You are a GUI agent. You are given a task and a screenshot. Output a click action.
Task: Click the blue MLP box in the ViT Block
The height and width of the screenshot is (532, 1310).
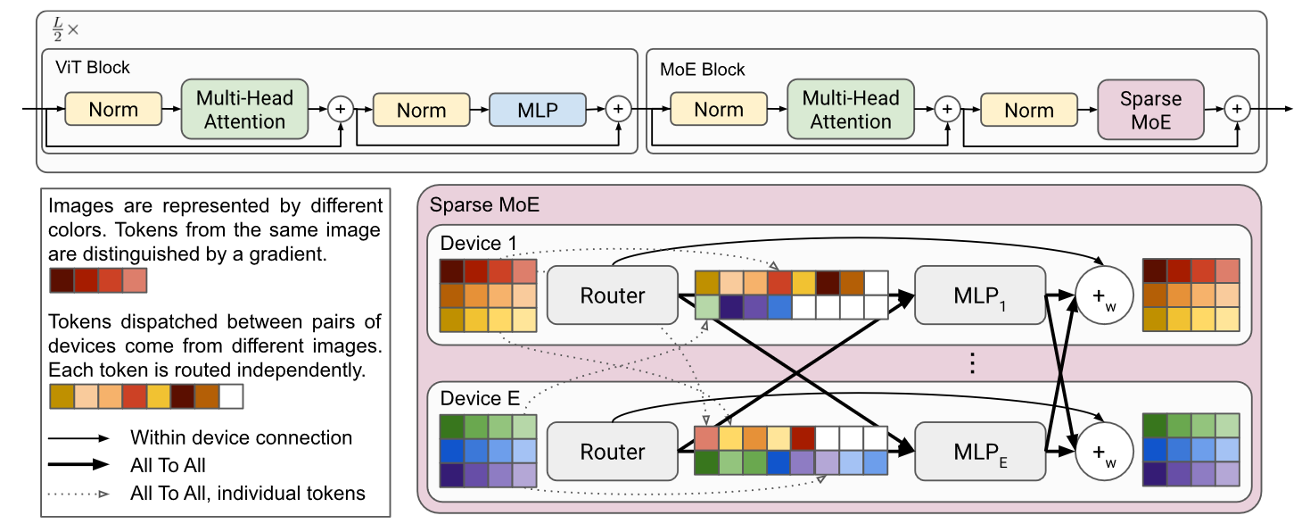tap(537, 111)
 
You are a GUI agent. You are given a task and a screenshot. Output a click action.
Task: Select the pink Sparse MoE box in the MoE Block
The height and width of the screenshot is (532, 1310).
tap(1149, 111)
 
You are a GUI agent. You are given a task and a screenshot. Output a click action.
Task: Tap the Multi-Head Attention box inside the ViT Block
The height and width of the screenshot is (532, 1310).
tap(244, 111)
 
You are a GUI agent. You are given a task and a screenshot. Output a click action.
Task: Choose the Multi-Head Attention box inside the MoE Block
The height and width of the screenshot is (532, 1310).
tap(850, 111)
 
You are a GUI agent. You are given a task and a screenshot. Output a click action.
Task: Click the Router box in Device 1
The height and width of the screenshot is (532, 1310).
tap(612, 295)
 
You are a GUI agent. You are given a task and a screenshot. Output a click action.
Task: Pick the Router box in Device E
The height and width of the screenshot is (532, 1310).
tap(612, 451)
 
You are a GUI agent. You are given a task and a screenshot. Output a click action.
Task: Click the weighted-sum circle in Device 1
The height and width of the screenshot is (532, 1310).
tap(1104, 295)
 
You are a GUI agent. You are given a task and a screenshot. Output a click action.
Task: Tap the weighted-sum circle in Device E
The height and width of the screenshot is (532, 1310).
tap(1104, 451)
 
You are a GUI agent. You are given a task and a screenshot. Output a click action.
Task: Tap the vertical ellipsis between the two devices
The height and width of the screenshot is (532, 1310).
tap(973, 363)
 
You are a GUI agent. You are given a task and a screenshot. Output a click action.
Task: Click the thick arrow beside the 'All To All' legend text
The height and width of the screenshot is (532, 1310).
tap(79, 465)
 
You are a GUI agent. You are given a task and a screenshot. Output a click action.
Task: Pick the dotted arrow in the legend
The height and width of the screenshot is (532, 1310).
tap(79, 492)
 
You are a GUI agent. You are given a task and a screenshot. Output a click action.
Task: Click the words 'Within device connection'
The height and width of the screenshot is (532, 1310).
tap(241, 437)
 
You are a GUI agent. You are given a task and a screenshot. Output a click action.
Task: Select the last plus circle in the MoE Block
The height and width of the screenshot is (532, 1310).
tap(1237, 109)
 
